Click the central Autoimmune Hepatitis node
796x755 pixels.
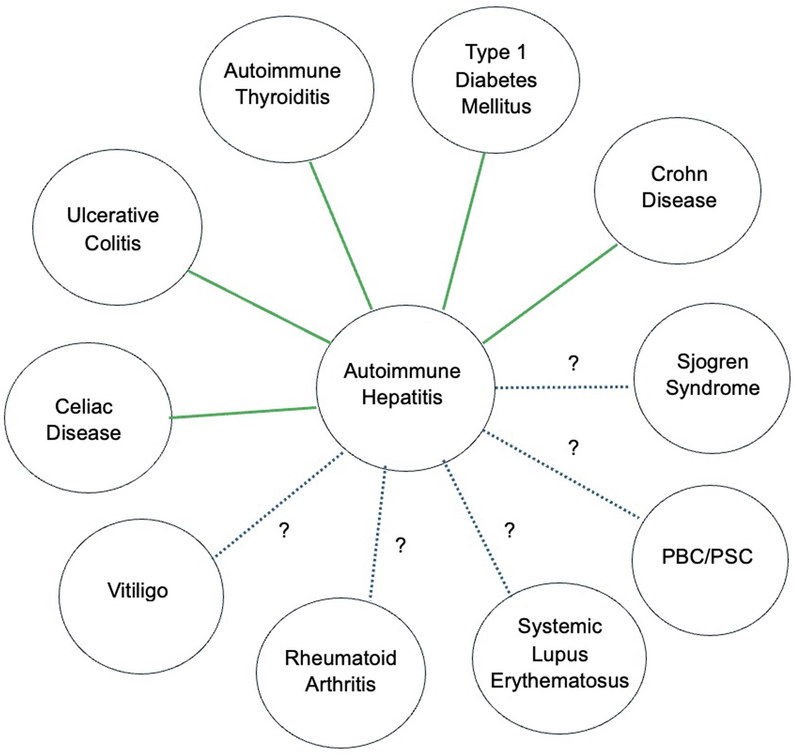point(405,388)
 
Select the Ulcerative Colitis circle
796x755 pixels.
point(117,228)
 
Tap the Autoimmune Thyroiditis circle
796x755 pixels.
point(287,89)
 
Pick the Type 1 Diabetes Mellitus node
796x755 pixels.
point(495,80)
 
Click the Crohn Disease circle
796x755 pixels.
point(677,190)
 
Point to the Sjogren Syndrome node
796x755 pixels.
point(712,378)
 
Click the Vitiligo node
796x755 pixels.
point(141,596)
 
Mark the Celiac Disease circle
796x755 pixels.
point(88,417)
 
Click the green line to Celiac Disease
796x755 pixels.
point(243,413)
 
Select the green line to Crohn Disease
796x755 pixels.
point(550,294)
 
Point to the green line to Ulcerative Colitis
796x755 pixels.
point(259,307)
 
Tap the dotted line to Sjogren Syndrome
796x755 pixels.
point(562,387)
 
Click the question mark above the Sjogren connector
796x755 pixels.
point(573,363)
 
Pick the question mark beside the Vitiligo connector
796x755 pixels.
point(284,530)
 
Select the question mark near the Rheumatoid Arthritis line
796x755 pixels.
point(400,545)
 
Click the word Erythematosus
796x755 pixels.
point(559,680)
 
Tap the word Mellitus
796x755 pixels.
point(496,107)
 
